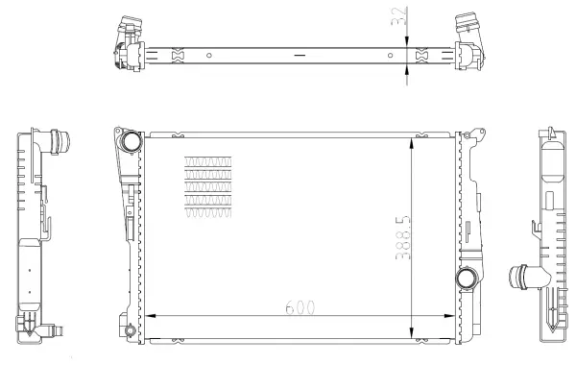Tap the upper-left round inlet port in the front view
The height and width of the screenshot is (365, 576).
[130, 143]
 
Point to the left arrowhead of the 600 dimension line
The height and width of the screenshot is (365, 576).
[147, 315]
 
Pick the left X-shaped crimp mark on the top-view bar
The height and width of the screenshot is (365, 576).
[175, 56]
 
